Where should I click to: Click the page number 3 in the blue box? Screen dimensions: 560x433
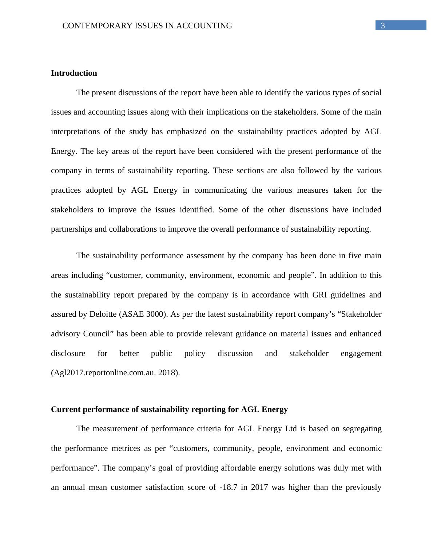(383, 26)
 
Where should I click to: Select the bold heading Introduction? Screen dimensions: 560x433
(74, 73)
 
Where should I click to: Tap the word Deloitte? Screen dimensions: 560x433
(103, 314)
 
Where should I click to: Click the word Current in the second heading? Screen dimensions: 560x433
(66, 409)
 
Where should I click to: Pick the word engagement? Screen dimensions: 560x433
(361, 353)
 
